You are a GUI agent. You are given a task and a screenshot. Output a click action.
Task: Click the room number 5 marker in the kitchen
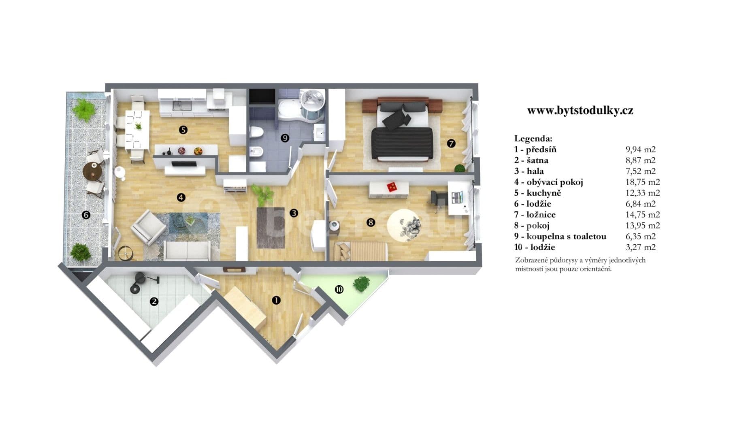pyautogui.click(x=183, y=130)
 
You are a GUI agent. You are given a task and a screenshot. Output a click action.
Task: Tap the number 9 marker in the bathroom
pyautogui.click(x=285, y=138)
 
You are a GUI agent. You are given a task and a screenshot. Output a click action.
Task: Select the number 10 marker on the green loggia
pyautogui.click(x=339, y=289)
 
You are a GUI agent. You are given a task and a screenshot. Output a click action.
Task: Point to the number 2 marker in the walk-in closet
pyautogui.click(x=154, y=301)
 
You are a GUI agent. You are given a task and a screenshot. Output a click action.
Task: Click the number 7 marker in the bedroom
pyautogui.click(x=451, y=143)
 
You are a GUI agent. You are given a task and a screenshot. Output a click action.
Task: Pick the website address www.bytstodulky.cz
pyautogui.click(x=580, y=111)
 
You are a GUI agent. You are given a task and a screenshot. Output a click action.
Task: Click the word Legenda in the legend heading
pyautogui.click(x=533, y=139)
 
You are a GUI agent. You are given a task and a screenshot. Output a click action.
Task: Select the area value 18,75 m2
pyautogui.click(x=643, y=182)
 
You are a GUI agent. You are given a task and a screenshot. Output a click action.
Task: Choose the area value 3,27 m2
pyautogui.click(x=641, y=247)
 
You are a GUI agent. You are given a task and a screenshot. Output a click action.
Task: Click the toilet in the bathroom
pyautogui.click(x=256, y=132)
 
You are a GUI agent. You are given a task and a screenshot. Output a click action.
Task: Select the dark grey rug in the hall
pyautogui.click(x=271, y=228)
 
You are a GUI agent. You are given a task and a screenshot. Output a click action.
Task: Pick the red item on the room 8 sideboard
pyautogui.click(x=392, y=187)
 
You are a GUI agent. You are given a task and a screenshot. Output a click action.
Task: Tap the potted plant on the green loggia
pyautogui.click(x=361, y=283)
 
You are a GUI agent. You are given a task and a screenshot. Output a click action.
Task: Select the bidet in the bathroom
pyautogui.click(x=257, y=152)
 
